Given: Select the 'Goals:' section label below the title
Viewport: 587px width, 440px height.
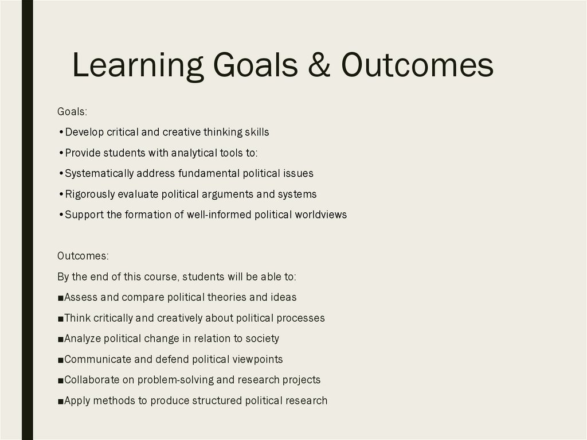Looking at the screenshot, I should point(72,111).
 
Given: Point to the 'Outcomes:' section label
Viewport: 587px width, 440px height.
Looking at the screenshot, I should point(83,256).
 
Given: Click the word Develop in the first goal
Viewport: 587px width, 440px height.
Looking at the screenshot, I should point(84,133).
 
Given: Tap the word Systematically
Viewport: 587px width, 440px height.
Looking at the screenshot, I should point(99,174).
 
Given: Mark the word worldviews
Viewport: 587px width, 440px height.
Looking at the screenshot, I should point(321,215).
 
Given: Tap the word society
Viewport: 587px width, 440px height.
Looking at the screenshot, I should point(262,338).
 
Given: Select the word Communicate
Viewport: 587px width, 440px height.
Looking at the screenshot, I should point(96,360).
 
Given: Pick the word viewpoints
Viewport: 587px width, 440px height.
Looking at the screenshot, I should point(256,360).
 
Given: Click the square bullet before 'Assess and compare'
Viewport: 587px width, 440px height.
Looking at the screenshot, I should point(61,298).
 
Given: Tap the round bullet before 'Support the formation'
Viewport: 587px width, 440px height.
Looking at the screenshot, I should point(61,215).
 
